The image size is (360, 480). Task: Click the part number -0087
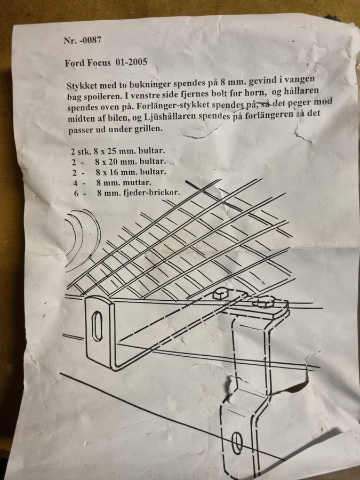click(x=90, y=40)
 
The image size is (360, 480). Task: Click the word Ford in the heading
click(x=75, y=63)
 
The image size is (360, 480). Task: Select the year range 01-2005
click(x=131, y=62)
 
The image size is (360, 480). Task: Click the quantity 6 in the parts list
click(x=76, y=194)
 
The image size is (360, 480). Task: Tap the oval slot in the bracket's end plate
click(x=97, y=326)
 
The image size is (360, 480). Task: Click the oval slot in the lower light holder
click(x=237, y=443)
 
